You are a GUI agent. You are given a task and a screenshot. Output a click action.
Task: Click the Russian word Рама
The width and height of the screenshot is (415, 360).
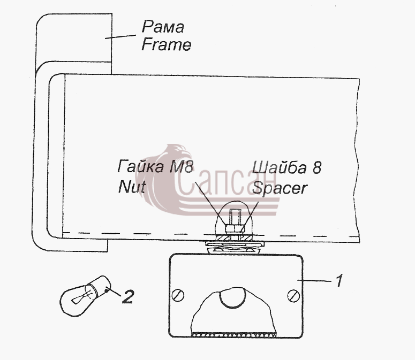[163, 27]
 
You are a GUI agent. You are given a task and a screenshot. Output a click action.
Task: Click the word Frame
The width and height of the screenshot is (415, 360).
[166, 44]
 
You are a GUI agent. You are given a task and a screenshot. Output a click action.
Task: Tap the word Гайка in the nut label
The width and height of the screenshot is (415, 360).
[140, 166]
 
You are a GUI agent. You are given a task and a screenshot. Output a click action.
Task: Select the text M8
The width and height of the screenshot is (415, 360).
[181, 167]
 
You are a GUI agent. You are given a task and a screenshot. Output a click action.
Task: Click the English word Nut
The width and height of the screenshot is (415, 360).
[132, 187]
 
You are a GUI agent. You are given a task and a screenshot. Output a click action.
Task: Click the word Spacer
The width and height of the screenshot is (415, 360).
[280, 188]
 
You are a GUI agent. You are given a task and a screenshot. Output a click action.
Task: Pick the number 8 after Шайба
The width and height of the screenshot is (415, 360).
[317, 168]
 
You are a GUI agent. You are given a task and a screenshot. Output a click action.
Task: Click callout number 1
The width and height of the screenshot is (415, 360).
[339, 280]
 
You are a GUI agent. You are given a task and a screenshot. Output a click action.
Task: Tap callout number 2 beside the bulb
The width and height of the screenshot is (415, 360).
[127, 296]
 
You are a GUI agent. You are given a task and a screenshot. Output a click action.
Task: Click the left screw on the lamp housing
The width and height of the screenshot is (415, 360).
[178, 295]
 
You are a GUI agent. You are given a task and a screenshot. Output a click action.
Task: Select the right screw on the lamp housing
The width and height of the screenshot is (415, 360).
[293, 296]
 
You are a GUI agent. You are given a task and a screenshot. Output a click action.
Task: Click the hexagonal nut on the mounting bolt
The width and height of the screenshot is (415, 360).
[234, 228]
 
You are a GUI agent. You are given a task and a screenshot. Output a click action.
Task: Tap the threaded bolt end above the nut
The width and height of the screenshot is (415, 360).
[235, 217]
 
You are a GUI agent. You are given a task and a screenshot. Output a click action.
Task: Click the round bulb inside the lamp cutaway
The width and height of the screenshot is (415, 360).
[233, 298]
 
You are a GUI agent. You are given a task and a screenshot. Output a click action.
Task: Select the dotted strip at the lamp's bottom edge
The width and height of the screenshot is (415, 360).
[234, 335]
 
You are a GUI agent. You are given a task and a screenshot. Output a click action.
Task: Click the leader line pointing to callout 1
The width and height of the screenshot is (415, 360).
[314, 280]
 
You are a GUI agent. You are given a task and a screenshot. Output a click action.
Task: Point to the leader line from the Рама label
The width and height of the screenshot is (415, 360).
[120, 36]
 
